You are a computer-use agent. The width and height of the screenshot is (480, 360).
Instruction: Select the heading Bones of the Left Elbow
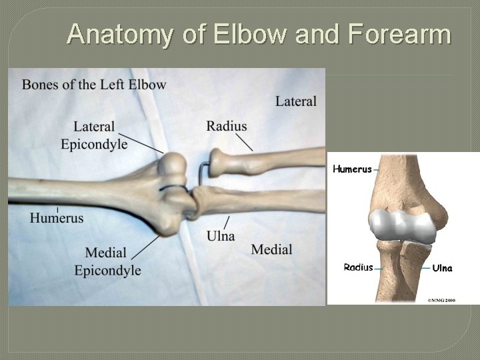click(94, 85)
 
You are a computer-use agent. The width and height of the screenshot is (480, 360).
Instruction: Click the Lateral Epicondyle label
click(94, 135)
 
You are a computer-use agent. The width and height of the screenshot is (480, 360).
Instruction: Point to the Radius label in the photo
click(227, 126)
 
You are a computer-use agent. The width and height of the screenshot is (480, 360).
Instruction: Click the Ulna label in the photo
click(221, 236)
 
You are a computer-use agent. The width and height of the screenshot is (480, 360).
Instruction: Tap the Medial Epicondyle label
click(107, 261)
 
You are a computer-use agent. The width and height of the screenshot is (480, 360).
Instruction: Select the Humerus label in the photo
click(57, 218)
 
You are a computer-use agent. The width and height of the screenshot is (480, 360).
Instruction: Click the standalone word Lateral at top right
click(296, 101)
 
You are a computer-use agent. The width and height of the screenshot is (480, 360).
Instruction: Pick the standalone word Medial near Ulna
click(272, 249)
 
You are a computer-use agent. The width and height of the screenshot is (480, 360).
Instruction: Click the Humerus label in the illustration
click(352, 169)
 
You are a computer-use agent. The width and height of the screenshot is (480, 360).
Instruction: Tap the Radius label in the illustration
click(358, 267)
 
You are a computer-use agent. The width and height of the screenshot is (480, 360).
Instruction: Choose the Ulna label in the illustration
click(442, 268)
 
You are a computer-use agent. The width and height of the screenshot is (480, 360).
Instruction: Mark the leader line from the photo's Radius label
click(244, 142)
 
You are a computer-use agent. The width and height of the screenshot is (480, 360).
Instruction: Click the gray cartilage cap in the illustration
click(402, 224)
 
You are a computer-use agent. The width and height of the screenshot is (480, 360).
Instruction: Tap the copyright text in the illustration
click(441, 301)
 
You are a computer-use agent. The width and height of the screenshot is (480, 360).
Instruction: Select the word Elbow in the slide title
click(255, 34)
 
